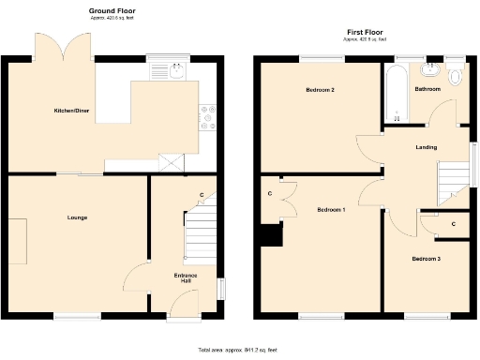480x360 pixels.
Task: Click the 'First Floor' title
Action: [x=360, y=31]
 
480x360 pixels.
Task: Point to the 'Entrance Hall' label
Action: [x=185, y=278]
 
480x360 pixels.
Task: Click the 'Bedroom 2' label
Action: [x=321, y=90]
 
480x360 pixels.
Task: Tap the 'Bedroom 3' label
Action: [x=427, y=258]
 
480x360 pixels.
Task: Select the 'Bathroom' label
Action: [x=428, y=89]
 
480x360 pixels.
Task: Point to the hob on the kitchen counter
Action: [x=207, y=115]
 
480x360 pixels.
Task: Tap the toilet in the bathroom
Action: [x=457, y=75]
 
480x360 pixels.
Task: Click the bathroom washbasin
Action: [x=431, y=69]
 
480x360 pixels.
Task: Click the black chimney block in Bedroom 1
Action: [x=273, y=235]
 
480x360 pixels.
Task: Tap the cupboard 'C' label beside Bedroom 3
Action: [x=454, y=224]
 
